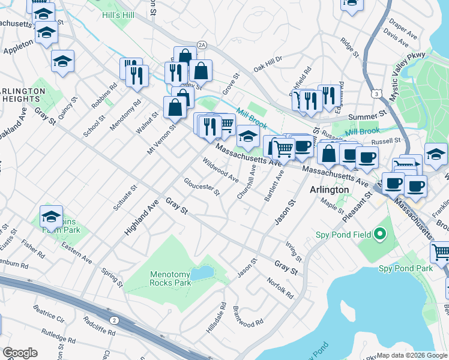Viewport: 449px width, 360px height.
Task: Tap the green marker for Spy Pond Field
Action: [x=379, y=233]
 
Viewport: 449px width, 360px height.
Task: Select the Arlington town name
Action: [x=329, y=190]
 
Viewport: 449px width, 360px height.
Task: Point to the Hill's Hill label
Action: [x=118, y=14]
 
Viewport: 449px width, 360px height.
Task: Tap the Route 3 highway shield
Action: [x=376, y=94]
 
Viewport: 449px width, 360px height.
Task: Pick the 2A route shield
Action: [x=202, y=44]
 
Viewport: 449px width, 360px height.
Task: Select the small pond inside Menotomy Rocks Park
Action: [x=205, y=274]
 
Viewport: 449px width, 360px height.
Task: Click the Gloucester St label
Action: [x=202, y=187]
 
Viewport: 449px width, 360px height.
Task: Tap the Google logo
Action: [x=20, y=353]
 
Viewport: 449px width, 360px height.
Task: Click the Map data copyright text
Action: [x=411, y=355]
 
